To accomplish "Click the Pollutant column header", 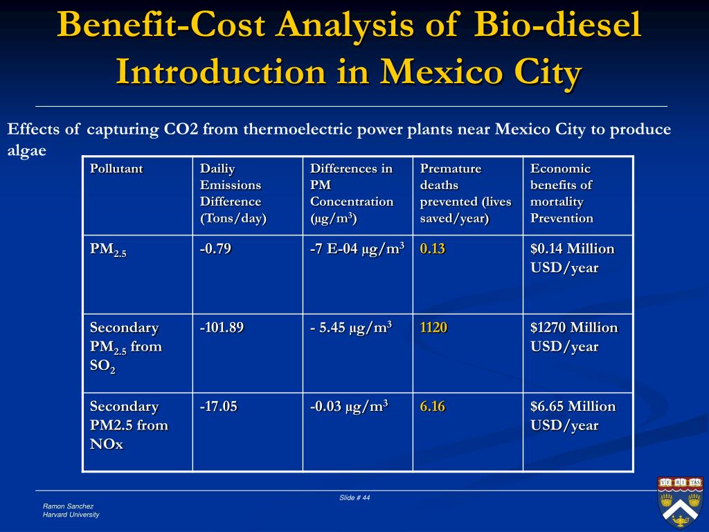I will [116, 169].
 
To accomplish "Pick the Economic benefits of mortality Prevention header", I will [562, 193].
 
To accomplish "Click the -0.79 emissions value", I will [215, 249].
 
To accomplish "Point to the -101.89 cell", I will [222, 328].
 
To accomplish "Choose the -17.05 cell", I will [218, 407].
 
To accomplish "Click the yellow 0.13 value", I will [432, 249].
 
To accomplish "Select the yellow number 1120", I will [433, 328].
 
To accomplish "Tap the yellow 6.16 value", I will [432, 407].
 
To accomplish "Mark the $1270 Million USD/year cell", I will [574, 337].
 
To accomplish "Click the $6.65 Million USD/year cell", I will [573, 416].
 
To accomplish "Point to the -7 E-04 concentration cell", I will [357, 249].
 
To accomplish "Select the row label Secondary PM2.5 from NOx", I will [128, 425].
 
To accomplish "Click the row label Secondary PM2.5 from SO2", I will [125, 347].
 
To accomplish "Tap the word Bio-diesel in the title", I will [558, 26].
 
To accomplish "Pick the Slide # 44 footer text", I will [354, 498].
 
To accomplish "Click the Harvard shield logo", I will [679, 501].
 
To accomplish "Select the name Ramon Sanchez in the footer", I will [67, 506].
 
